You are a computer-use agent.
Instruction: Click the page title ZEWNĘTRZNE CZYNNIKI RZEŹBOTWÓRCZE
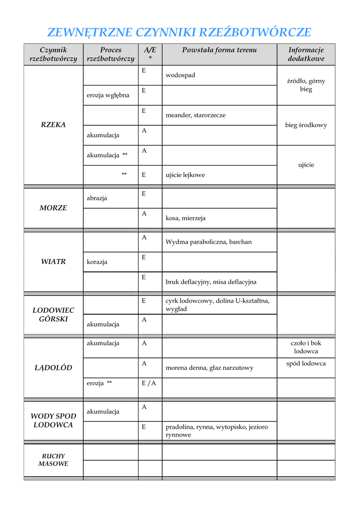pos(179,33)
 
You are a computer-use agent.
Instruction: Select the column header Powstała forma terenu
pos(219,50)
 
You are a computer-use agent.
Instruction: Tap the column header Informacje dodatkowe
pos(306,54)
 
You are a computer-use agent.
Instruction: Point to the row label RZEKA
pos(53,125)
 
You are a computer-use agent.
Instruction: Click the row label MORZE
pos(53,208)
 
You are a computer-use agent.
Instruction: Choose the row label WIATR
pos(53,261)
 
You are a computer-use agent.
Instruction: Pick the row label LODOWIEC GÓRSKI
pos(53,315)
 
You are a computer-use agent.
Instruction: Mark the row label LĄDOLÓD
pos(53,368)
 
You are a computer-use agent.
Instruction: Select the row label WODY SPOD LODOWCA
pos(53,421)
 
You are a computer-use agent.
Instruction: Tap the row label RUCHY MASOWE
pos(53,460)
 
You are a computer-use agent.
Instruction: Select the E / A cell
pos(149,383)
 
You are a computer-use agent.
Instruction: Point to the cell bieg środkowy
pos(306,125)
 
